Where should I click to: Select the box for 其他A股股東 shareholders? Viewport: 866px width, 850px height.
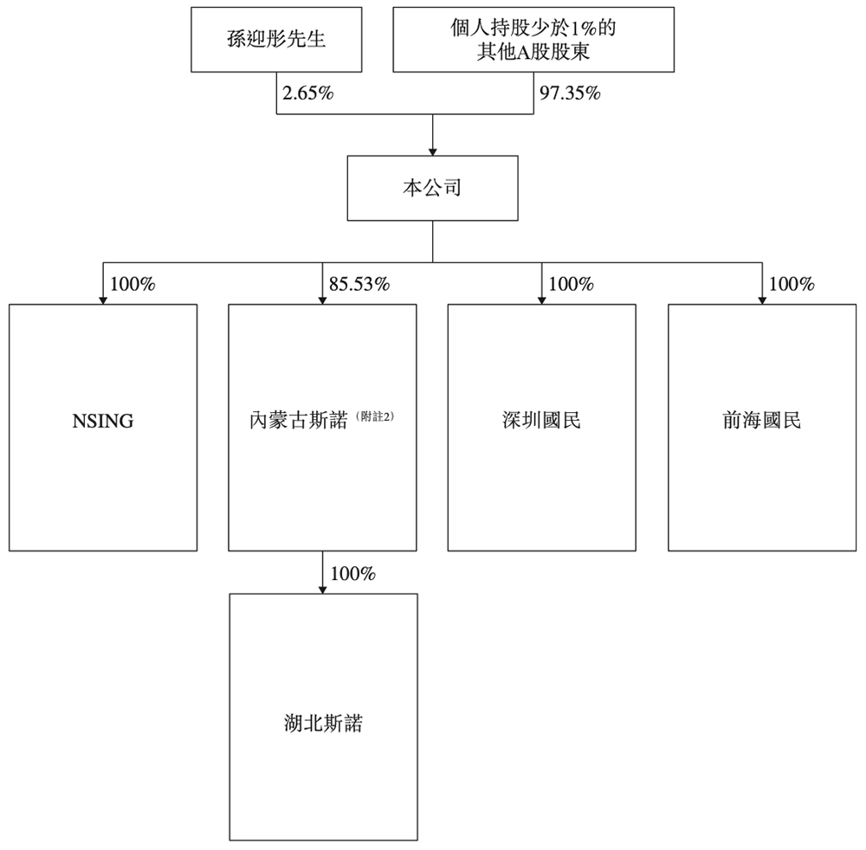click(533, 40)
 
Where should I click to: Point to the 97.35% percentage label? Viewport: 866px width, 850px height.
click(570, 94)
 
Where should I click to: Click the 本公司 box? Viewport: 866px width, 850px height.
click(432, 188)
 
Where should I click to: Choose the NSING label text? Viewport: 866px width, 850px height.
click(103, 422)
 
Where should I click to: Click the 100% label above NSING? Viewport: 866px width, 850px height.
click(132, 284)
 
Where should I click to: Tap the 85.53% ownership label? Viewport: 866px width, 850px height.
click(359, 284)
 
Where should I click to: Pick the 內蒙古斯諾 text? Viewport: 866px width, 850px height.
click(297, 421)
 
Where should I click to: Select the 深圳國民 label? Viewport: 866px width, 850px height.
click(541, 421)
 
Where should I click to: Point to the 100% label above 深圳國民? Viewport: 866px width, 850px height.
click(572, 284)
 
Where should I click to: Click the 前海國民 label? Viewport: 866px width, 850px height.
click(762, 421)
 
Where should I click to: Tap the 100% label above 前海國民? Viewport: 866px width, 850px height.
click(792, 284)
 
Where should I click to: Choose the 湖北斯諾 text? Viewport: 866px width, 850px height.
click(323, 724)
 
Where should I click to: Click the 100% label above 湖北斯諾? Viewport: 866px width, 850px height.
click(352, 573)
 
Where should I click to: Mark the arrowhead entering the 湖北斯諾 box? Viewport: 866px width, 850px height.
click(323, 589)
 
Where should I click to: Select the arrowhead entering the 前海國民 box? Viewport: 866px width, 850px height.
click(762, 299)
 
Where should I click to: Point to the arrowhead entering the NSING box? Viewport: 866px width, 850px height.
click(103, 299)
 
